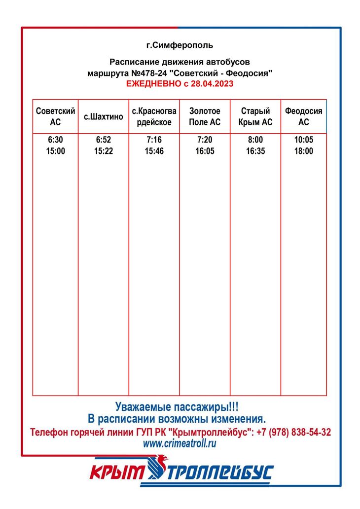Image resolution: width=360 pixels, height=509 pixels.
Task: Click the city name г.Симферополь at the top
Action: (180, 45)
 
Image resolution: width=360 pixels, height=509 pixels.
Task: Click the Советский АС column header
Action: (55, 117)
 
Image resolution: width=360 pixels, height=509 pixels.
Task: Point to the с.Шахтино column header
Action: (103, 117)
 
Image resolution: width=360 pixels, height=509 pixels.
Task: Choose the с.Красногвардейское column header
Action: (154, 117)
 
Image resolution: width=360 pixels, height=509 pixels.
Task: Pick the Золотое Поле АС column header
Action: (205, 117)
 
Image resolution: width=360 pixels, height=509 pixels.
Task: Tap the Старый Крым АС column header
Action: (255, 117)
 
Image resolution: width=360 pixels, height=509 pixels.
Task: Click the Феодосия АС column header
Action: (303, 117)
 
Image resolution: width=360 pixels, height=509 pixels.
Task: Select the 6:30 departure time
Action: (55, 140)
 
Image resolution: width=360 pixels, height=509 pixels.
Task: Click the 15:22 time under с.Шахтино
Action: (104, 151)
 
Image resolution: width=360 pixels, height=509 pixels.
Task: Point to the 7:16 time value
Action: (154, 140)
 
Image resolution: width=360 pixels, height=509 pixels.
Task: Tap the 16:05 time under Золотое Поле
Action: (205, 151)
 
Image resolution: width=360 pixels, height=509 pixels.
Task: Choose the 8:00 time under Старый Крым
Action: (255, 140)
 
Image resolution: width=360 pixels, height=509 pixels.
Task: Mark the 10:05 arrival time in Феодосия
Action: (303, 140)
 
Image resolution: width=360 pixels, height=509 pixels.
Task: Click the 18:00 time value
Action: (303, 151)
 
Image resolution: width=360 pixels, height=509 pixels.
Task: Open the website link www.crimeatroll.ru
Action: (180, 443)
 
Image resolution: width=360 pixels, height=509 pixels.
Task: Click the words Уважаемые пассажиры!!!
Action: (177, 407)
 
